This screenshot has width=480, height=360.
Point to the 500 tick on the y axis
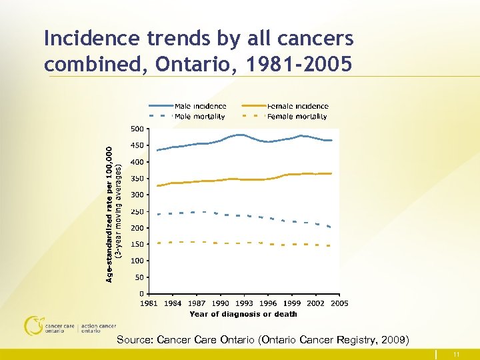pos(136,129)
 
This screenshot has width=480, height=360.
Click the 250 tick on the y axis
pos(136,211)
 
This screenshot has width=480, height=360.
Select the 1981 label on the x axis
pos(148,303)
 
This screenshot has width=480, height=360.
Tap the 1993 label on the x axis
pos(244,303)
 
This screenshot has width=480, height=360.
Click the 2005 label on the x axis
pos(339,303)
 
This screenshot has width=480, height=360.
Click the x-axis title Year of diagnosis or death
pos(243,314)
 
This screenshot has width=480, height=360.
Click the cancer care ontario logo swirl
pos(33,325)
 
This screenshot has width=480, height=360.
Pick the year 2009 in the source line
pos(392,340)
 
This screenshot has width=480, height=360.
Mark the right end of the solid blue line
pos(331,140)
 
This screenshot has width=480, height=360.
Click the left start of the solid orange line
pos(157,186)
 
